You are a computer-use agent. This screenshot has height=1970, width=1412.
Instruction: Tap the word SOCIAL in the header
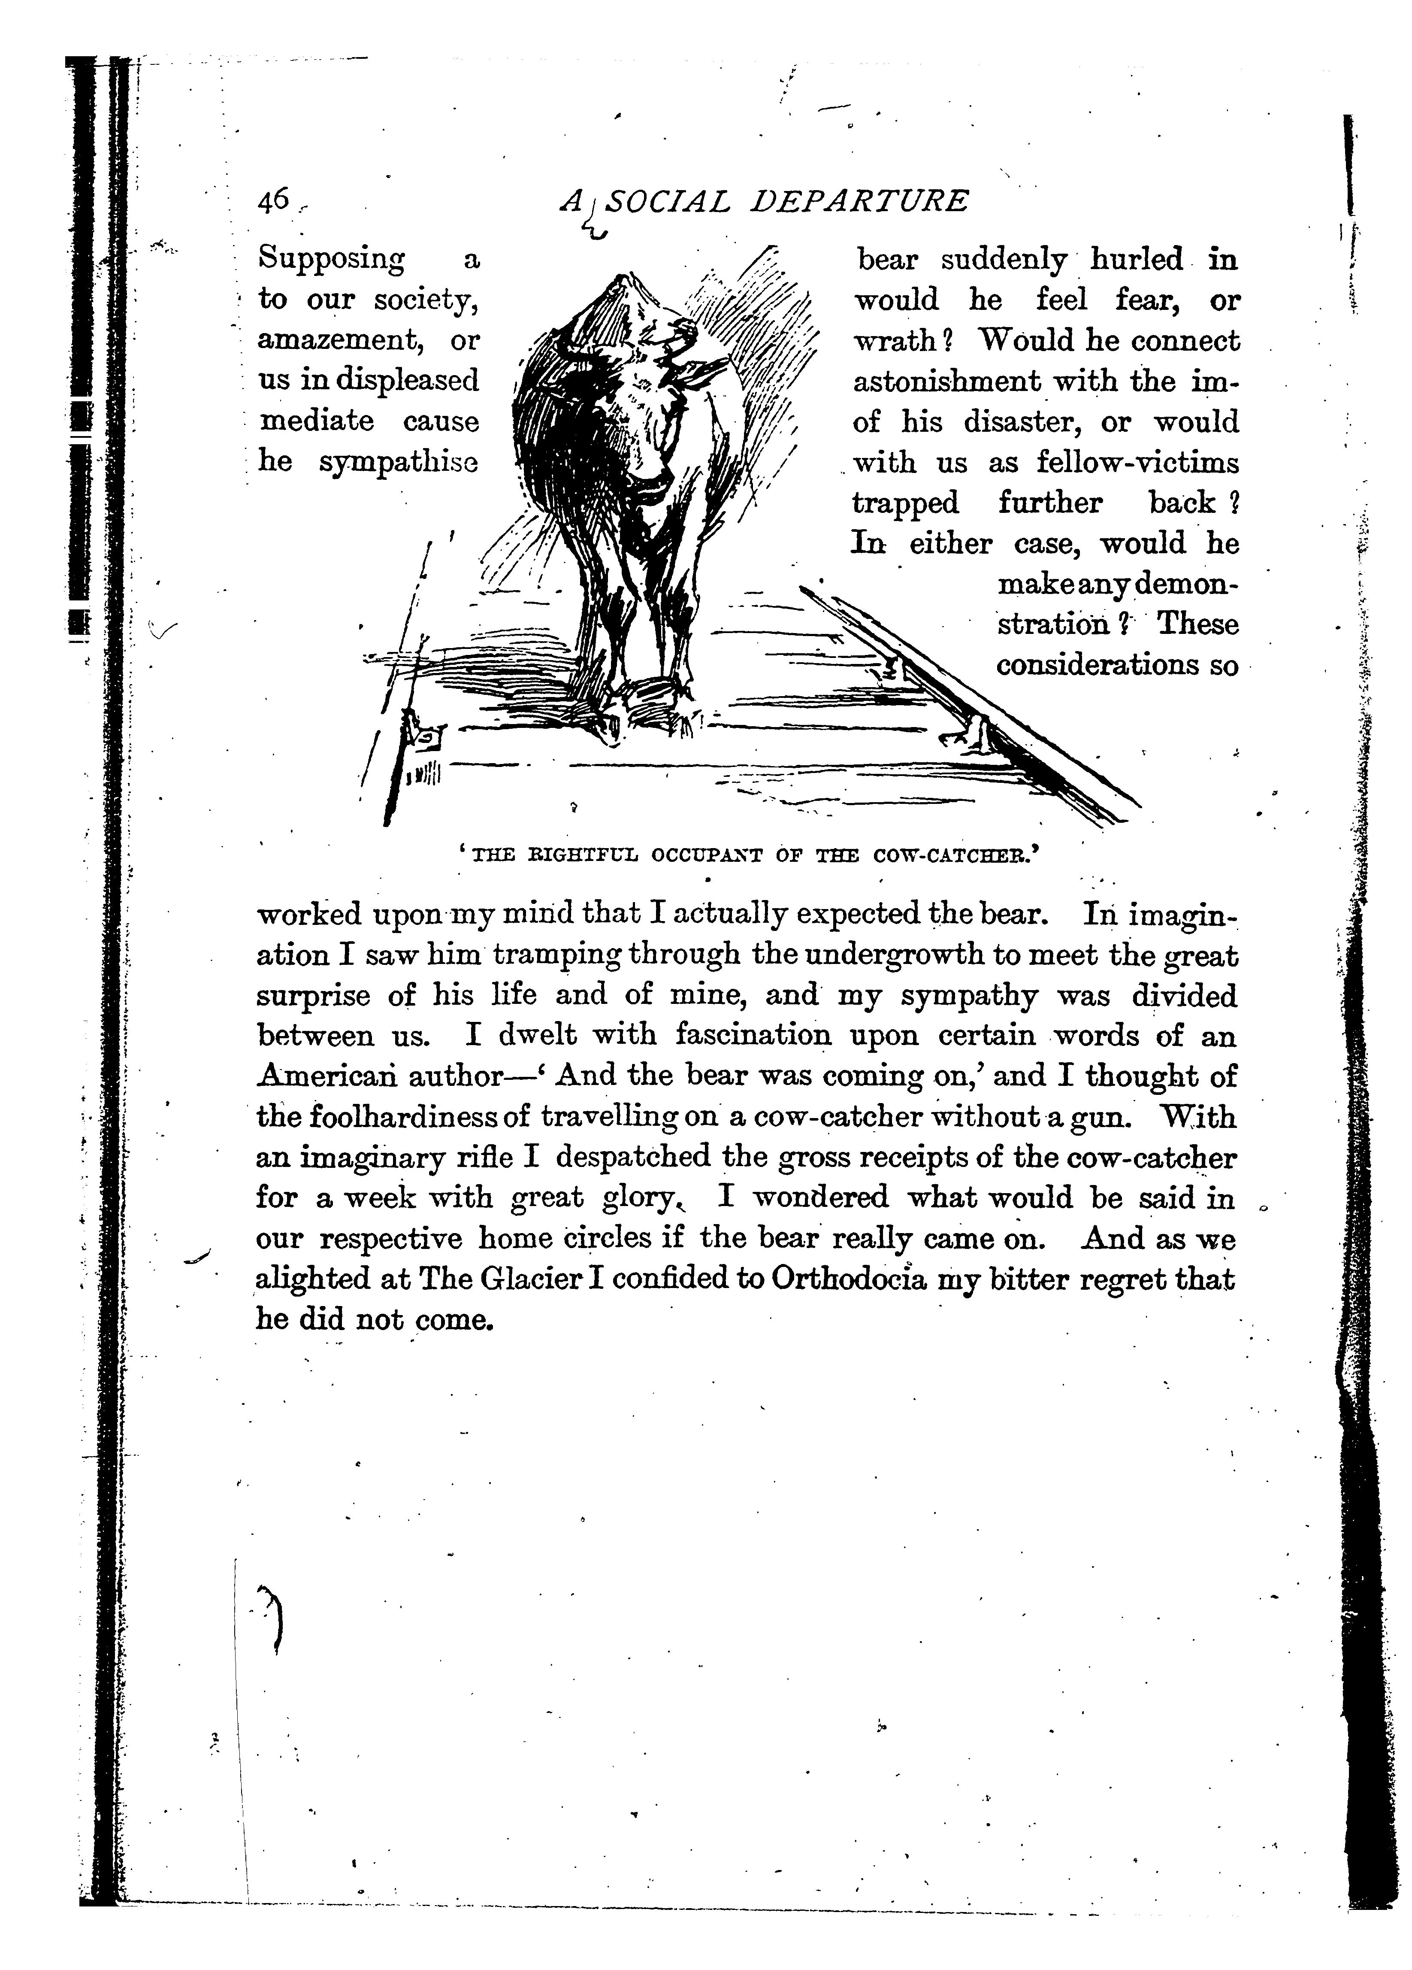(x=666, y=202)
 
